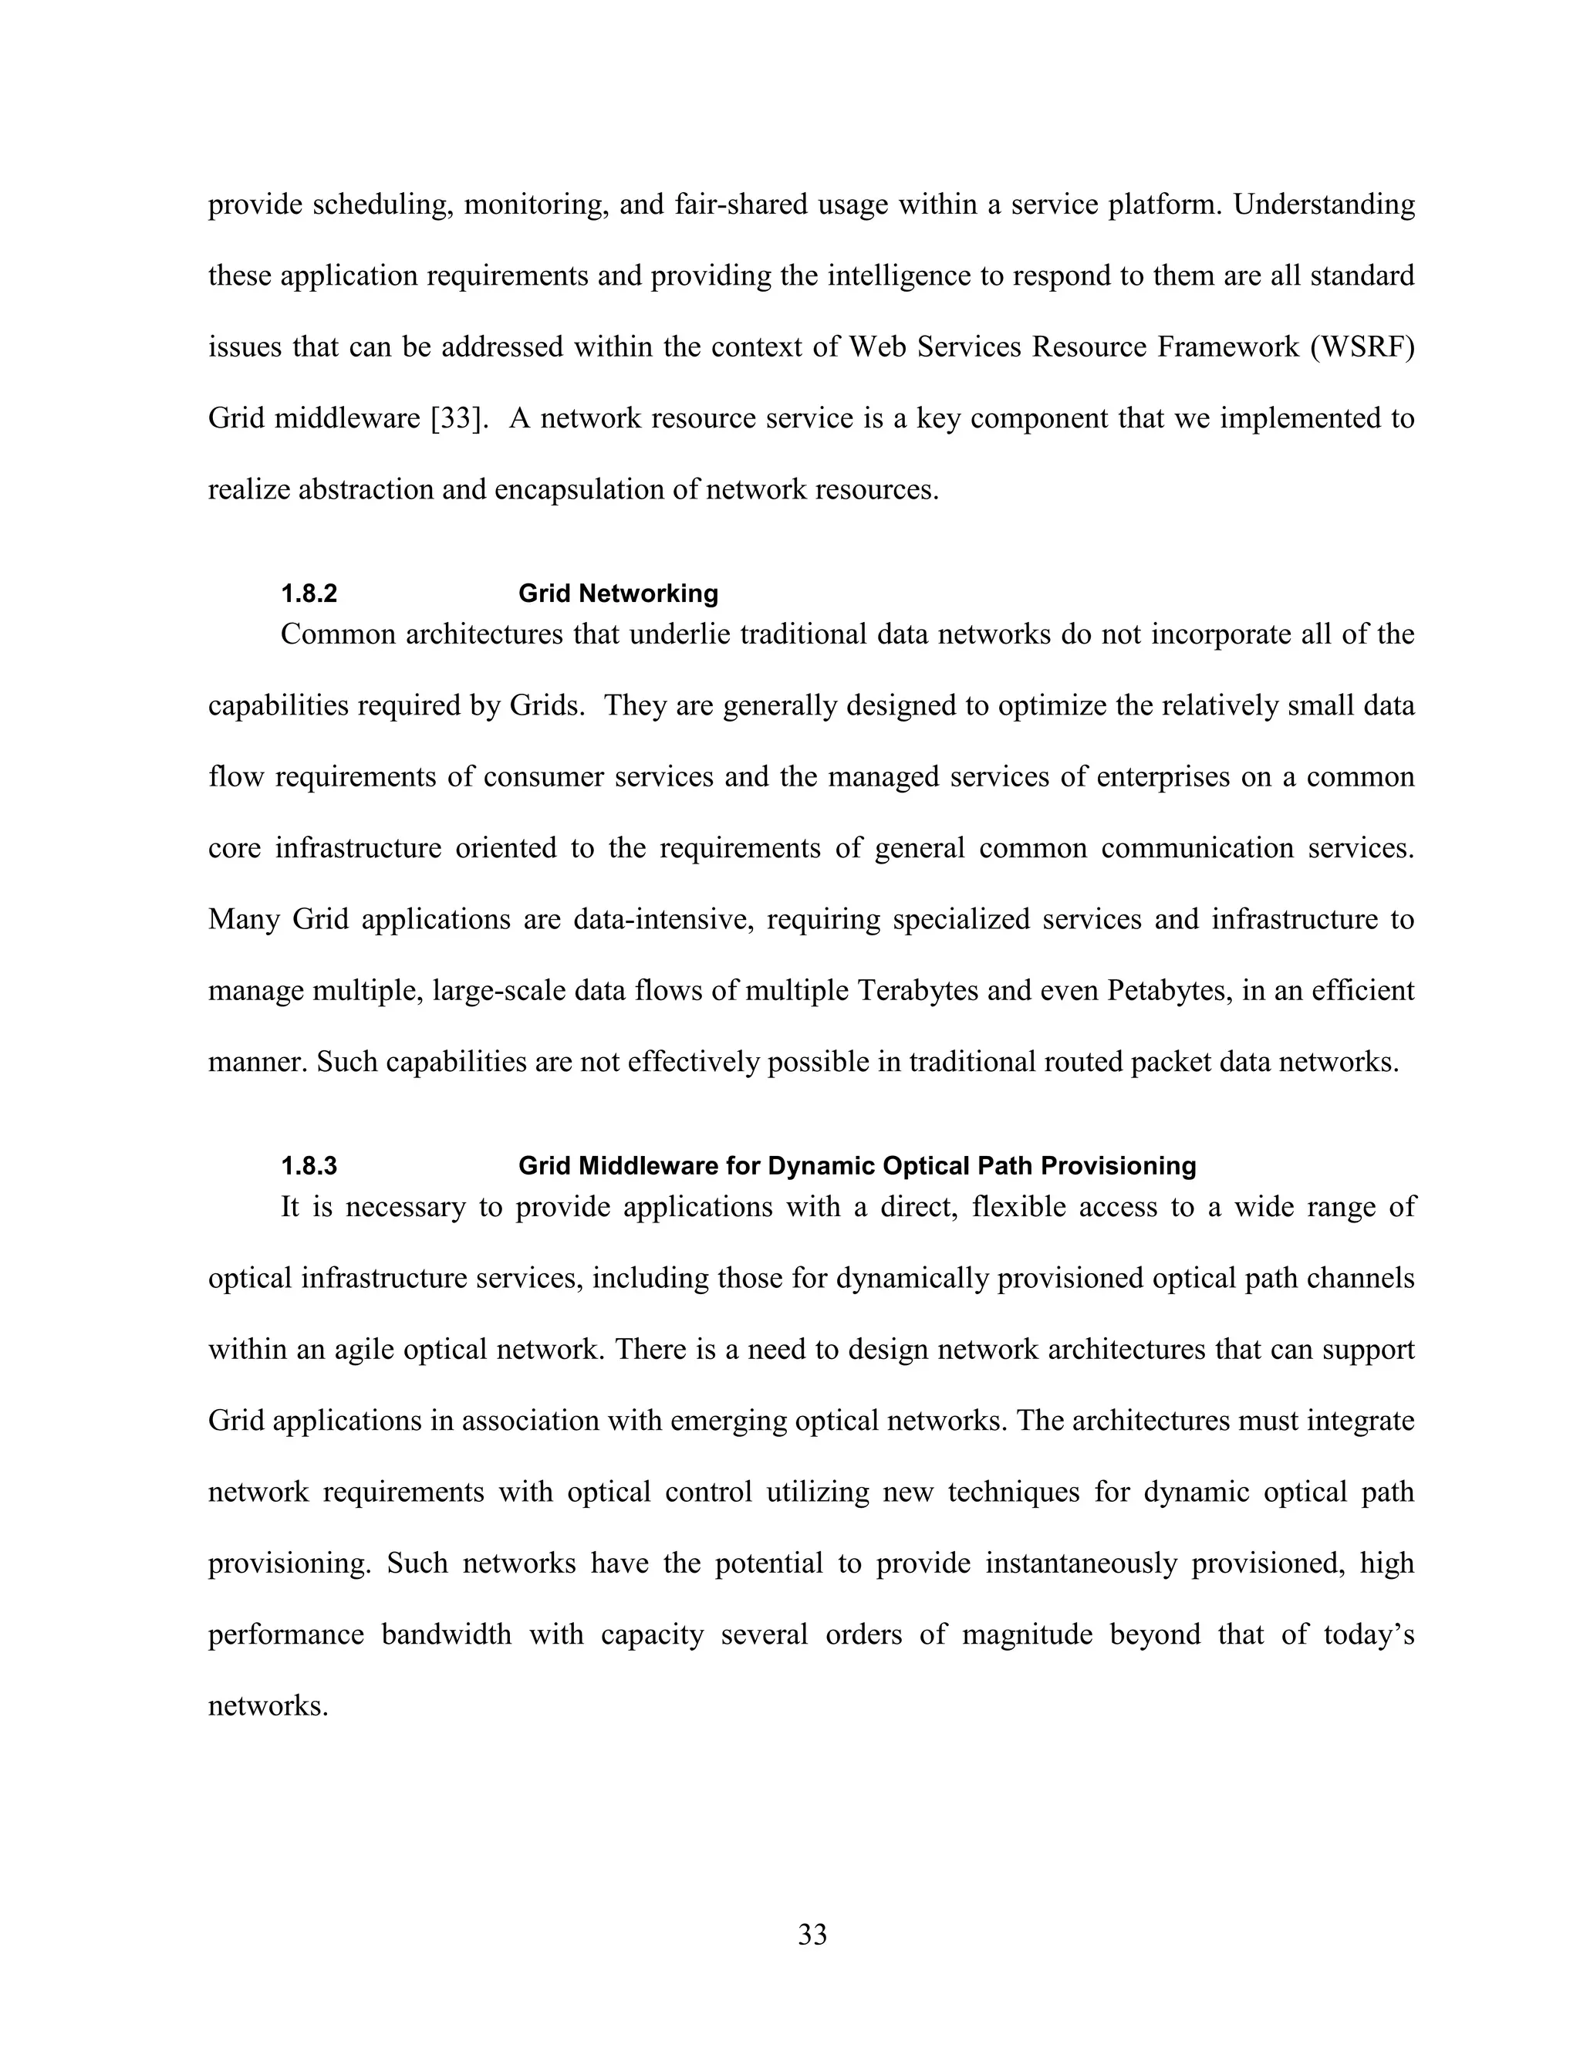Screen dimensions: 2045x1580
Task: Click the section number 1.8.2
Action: pos(309,593)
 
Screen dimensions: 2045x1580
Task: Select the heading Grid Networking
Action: pos(618,593)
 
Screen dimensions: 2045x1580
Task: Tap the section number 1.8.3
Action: pos(309,1166)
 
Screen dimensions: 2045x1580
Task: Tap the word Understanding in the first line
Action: pos(1324,204)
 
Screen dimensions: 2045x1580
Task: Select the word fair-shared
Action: pos(741,204)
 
